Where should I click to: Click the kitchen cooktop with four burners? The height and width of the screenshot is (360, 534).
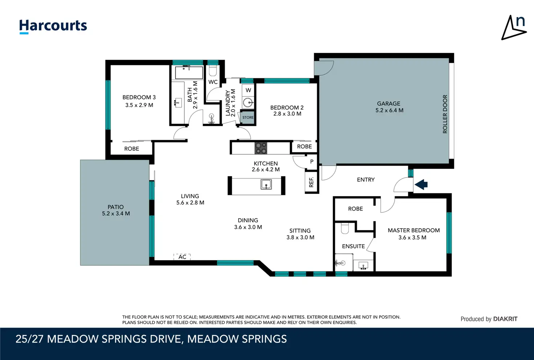pyautogui.click(x=261, y=148)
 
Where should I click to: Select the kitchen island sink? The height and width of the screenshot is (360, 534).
pyautogui.click(x=266, y=184)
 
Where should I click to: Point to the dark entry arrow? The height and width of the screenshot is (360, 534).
pyautogui.click(x=421, y=184)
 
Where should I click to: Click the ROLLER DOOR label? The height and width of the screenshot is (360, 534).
pyautogui.click(x=445, y=114)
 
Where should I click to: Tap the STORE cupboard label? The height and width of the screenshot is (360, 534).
pyautogui.click(x=248, y=117)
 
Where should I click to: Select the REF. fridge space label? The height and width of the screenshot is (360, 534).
pyautogui.click(x=311, y=182)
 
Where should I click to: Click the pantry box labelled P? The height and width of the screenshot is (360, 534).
pyautogui.click(x=312, y=161)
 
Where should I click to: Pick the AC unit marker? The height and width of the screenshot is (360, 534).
pyautogui.click(x=182, y=257)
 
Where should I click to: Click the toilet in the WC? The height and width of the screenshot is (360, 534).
pyautogui.click(x=213, y=70)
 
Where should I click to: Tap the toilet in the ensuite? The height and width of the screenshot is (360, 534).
pyautogui.click(x=345, y=228)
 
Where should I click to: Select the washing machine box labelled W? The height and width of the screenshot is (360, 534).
pyautogui.click(x=248, y=90)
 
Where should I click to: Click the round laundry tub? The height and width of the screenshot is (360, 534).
pyautogui.click(x=248, y=103)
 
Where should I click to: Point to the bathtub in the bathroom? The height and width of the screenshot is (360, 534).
pyautogui.click(x=189, y=73)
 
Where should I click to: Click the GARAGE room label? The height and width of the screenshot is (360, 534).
pyautogui.click(x=389, y=103)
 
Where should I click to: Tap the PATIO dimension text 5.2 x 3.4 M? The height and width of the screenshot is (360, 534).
pyautogui.click(x=116, y=213)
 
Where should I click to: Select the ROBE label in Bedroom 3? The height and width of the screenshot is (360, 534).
pyautogui.click(x=132, y=148)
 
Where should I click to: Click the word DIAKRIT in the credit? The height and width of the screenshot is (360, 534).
pyautogui.click(x=505, y=319)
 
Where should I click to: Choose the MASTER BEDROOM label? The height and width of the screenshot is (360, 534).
pyautogui.click(x=414, y=230)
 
